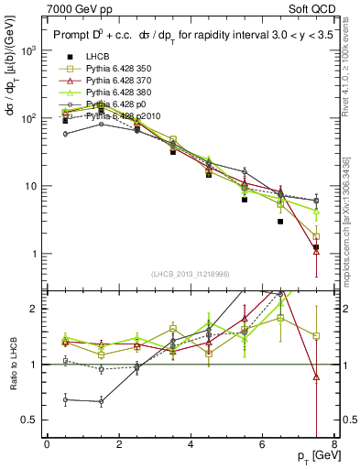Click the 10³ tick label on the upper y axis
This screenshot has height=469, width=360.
click(28, 50)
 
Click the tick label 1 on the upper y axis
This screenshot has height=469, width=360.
click(35, 254)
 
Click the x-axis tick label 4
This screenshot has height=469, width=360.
click(190, 446)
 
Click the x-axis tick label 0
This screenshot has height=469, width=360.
click(47, 446)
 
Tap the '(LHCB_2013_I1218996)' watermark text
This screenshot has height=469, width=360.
click(190, 275)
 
